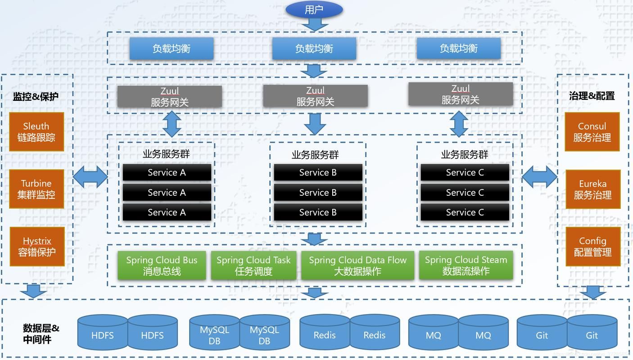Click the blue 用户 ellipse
click(314, 9)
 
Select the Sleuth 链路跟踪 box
click(36, 131)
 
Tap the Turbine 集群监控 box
click(36, 189)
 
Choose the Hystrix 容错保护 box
click(37, 246)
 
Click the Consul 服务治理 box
click(592, 131)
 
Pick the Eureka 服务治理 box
click(592, 189)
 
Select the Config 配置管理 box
click(592, 246)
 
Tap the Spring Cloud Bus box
click(162, 265)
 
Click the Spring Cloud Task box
click(253, 265)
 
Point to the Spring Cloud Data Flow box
click(357, 265)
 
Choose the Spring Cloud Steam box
click(466, 265)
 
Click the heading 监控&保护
click(36, 97)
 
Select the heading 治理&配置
click(592, 96)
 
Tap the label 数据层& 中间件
click(41, 333)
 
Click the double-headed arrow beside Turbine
click(90, 176)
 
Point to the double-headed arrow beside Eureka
click(539, 176)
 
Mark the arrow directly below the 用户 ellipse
click(314, 24)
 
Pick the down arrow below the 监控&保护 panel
click(33, 291)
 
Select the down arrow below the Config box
click(592, 292)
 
